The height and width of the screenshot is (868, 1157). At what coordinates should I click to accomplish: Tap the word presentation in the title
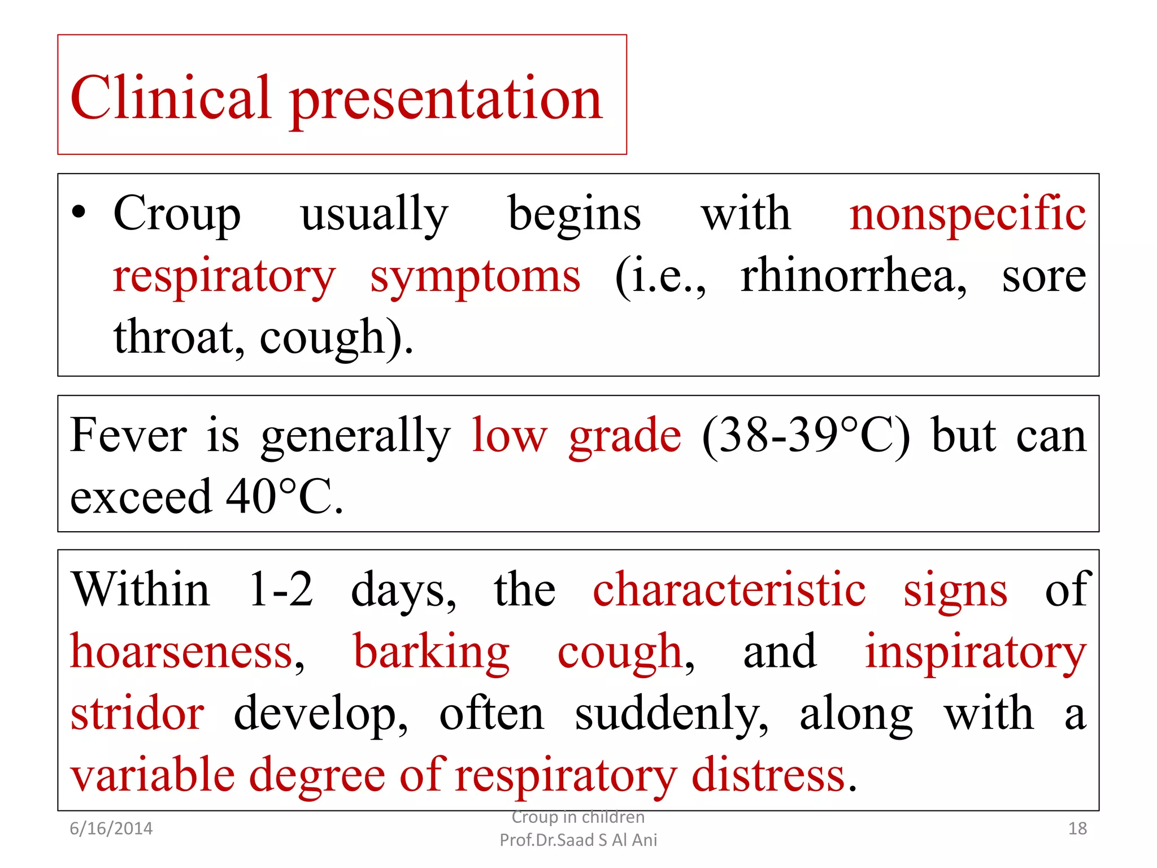pos(446,101)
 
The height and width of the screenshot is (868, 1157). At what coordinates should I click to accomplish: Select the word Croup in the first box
pos(177,215)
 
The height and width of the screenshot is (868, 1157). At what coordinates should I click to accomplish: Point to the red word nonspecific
pos(967,215)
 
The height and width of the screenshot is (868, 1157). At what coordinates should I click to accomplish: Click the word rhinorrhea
pos(853,276)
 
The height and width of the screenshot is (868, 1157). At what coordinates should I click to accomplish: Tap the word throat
pos(179,337)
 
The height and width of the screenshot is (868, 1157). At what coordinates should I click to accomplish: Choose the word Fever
pos(129,436)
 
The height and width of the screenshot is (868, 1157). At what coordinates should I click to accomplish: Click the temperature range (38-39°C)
pos(806,436)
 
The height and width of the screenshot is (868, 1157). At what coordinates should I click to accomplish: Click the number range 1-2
pos(281,590)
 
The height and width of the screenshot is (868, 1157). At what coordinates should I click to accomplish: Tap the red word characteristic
pos(729,590)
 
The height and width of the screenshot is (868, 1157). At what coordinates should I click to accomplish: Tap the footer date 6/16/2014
pos(111,828)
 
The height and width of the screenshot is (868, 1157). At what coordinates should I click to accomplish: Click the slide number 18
pos(1077,828)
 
